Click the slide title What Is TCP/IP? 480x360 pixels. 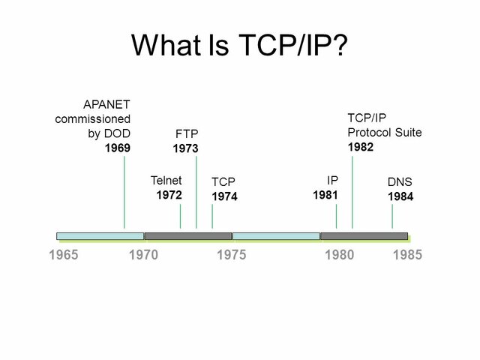coord(239,46)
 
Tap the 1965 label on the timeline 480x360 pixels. coord(63,255)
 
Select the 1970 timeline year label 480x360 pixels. coord(143,255)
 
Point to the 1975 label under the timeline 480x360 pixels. coord(231,255)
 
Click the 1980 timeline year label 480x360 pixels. coord(339,255)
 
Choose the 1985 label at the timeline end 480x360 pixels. coord(408,255)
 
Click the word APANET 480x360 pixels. coord(106,104)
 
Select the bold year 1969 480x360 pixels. coord(117,148)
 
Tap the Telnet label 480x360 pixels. coord(166,180)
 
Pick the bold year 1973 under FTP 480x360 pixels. coord(185,148)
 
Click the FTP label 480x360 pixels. coord(186,134)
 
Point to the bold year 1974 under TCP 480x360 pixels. coord(224,196)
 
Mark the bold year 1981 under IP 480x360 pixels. coord(325,195)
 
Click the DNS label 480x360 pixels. coord(400,182)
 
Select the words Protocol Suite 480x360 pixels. coord(385,132)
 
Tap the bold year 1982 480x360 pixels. coord(360,147)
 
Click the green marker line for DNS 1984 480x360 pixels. coord(392,217)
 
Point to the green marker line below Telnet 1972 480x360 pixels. coord(180,217)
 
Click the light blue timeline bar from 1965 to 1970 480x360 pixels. coord(100,236)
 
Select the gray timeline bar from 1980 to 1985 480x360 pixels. coord(364,236)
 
